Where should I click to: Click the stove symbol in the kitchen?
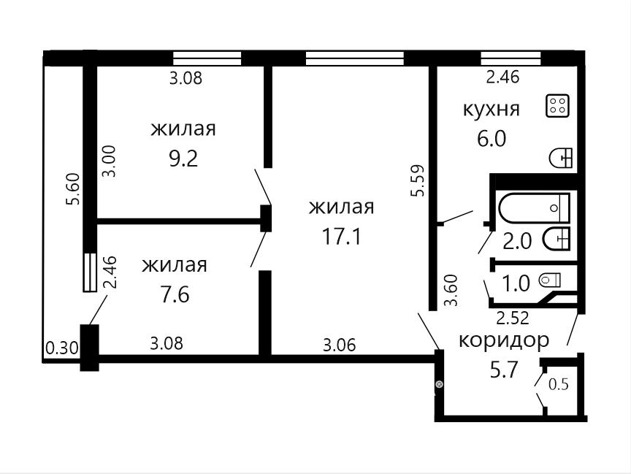pos(557,106)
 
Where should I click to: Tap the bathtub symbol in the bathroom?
pos(534,207)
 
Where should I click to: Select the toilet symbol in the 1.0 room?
pos(550,279)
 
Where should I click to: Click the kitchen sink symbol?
pos(561,158)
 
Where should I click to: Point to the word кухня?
pos(492,109)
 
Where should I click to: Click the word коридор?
pos(504,340)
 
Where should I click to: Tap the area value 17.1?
pos(341,237)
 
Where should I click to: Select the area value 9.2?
pos(183,159)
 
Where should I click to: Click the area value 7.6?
pos(175,295)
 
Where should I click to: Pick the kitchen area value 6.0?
pos(492,139)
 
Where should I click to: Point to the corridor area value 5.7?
pos(503,370)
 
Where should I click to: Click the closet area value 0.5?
pos(559,385)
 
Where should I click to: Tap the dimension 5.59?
pos(417,180)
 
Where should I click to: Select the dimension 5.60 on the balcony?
pos(74,189)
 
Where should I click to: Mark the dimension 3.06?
pos(340,345)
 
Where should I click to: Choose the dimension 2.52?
pos(512,318)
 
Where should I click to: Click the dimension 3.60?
pos(451,290)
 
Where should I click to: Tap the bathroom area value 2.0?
pos(517,242)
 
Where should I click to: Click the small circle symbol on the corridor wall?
pos(439,385)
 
